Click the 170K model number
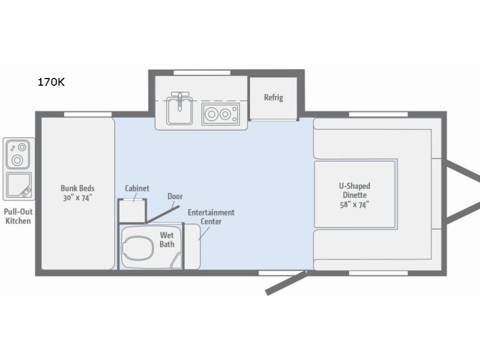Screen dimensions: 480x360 click(51, 82)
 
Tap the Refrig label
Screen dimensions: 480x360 click(274, 97)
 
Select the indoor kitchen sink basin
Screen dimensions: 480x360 click(179, 111)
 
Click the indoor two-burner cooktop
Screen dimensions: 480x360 click(220, 114)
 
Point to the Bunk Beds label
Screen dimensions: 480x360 click(77, 188)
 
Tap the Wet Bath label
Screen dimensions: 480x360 click(167, 239)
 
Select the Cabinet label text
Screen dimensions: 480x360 click(137, 188)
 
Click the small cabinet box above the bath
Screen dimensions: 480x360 click(132, 211)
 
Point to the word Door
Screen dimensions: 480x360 click(175, 196)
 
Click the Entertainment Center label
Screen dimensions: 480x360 click(211, 217)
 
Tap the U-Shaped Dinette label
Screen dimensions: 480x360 click(355, 190)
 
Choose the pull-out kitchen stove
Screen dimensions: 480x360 click(18, 154)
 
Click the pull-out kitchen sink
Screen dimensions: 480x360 click(19, 185)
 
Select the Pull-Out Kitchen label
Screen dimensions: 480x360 click(19, 216)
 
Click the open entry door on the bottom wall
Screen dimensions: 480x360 click(286, 283)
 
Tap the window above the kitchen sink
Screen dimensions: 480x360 click(202, 73)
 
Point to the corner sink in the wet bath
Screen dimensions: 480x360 click(176, 262)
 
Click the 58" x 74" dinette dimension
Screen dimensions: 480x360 click(355, 205)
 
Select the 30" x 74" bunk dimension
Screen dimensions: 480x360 click(77, 198)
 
